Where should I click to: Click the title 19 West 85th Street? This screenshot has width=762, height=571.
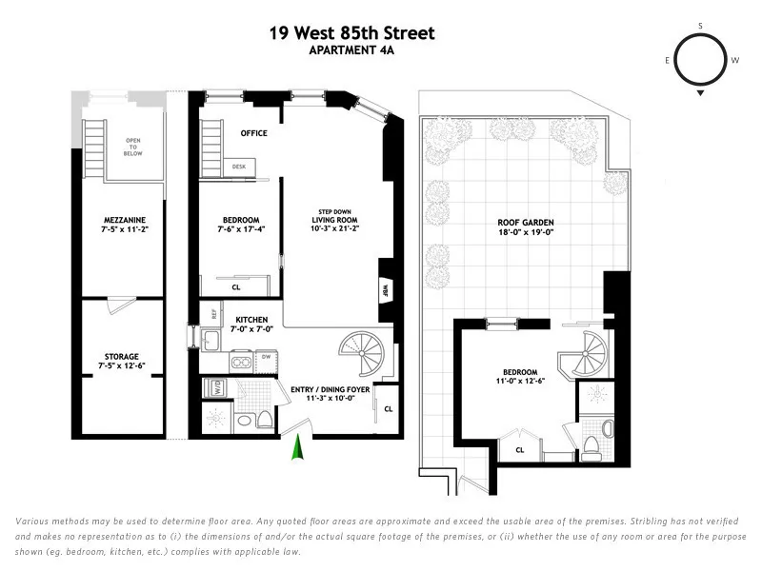coord(351,33)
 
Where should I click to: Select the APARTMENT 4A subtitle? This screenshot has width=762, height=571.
coord(351,51)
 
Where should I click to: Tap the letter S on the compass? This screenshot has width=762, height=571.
coord(700,26)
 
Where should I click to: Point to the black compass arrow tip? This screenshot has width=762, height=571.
coord(700,94)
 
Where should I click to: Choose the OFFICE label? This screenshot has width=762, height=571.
coord(253,133)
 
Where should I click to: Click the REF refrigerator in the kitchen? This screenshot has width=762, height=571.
coord(214,312)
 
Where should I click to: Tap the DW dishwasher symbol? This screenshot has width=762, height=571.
coord(266,358)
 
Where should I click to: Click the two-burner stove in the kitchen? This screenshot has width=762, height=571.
coord(241,361)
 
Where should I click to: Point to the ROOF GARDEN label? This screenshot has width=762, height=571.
coord(526,227)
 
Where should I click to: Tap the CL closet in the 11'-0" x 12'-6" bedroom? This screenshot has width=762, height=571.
coord(520,449)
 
